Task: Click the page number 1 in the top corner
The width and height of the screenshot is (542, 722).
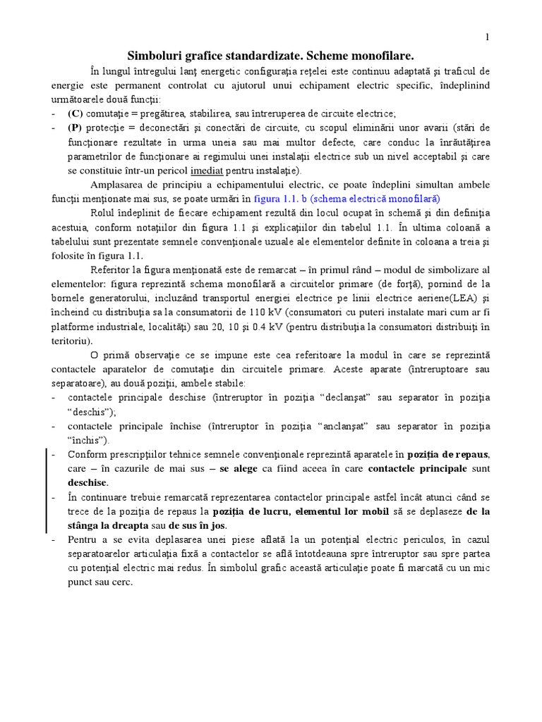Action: [x=487, y=37]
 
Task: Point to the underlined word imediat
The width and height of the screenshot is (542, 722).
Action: [x=209, y=171]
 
